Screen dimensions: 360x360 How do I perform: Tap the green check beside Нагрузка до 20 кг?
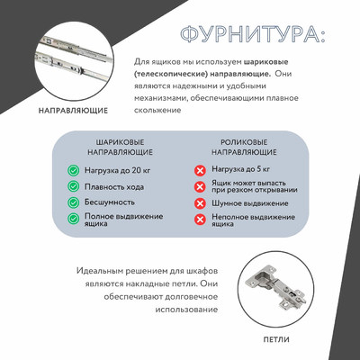74,169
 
